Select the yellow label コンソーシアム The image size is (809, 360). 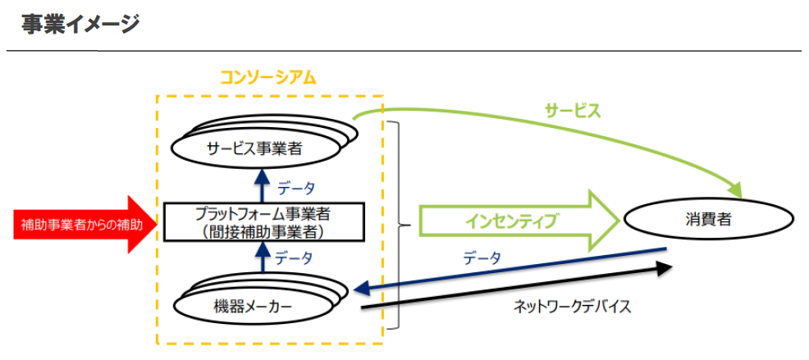(x=268, y=77)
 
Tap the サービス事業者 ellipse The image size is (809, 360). (x=255, y=149)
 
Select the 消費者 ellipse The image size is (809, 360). (x=709, y=220)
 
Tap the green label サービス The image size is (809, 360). (x=573, y=110)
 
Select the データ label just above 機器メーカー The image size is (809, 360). (x=294, y=257)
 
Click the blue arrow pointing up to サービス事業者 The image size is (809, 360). (x=263, y=184)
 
